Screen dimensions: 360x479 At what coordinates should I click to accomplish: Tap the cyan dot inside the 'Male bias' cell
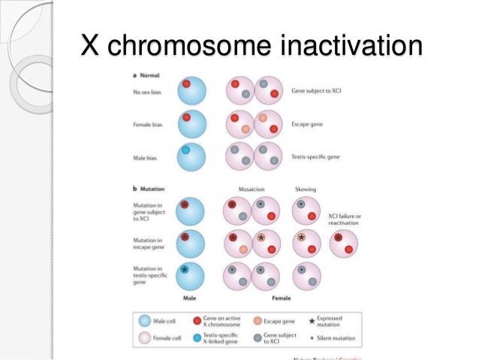tap(185, 150)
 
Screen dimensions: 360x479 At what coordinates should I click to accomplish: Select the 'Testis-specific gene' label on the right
tap(316, 156)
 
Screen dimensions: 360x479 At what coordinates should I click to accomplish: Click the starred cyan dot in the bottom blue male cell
tap(185, 268)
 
